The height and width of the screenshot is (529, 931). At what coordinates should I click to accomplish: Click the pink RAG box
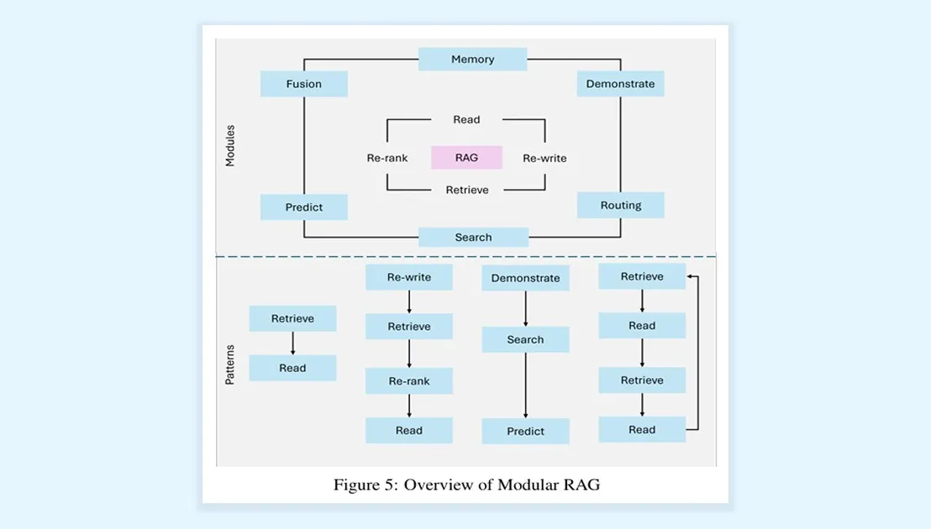tap(466, 157)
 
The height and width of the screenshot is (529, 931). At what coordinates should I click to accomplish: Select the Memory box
tap(472, 60)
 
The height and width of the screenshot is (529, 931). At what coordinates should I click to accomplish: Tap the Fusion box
tap(303, 84)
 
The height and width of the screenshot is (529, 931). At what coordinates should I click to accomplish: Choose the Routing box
tap(620, 206)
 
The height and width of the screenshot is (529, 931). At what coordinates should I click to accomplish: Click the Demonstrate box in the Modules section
tap(620, 84)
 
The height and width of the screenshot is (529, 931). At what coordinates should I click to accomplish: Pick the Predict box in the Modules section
tap(303, 207)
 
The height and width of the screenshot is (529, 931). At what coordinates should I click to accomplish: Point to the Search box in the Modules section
tap(473, 238)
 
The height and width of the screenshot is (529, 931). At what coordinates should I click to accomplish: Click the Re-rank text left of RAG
tap(387, 158)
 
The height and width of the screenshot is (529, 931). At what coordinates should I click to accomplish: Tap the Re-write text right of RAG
tap(544, 158)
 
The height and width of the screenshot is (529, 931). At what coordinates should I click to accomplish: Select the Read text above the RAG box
tap(466, 120)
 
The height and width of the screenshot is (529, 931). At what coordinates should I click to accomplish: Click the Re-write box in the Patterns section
tap(408, 277)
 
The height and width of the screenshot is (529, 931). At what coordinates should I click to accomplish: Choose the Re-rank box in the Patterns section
tap(408, 381)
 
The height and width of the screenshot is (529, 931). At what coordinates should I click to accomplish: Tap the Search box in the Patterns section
tap(525, 340)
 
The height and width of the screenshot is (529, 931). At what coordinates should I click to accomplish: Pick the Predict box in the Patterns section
tap(525, 432)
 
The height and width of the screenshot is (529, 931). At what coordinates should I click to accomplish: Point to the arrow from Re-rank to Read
tap(408, 406)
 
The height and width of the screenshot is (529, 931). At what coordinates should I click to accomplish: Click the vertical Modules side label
tap(230, 145)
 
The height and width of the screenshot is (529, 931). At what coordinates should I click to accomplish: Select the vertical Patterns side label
tap(230, 364)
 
